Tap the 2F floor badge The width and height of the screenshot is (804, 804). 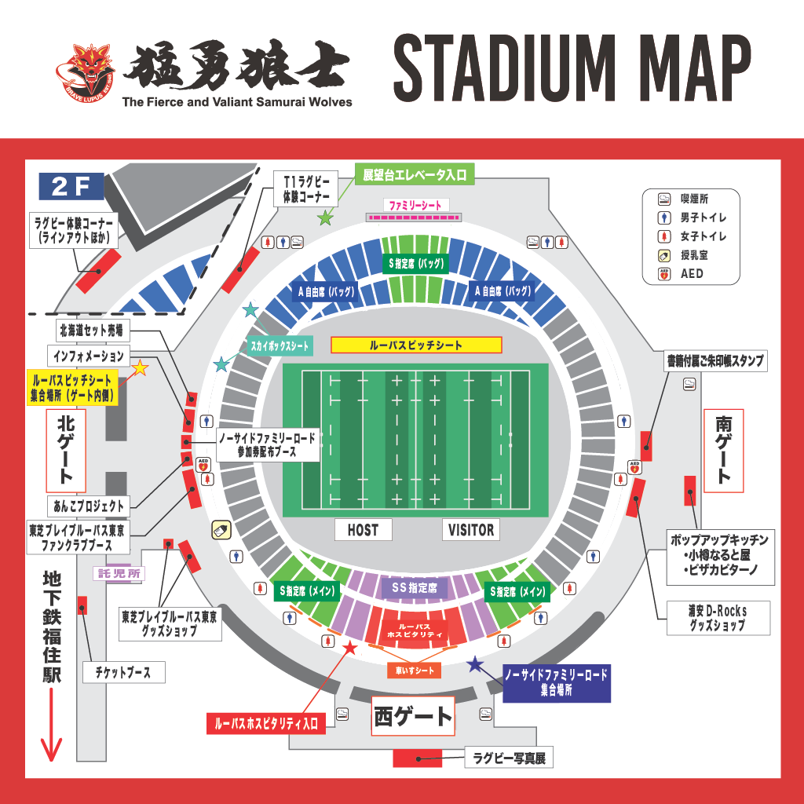point(71,187)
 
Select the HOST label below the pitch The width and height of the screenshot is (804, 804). point(362,530)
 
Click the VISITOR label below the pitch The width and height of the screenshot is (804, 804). point(471,530)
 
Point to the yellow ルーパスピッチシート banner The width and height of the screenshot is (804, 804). point(416,345)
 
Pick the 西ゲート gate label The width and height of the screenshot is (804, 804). point(413,716)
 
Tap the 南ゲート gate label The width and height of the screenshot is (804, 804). point(723,451)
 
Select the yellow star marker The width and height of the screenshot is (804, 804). point(141,367)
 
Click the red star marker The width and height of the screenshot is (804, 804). point(350,648)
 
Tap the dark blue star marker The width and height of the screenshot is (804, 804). point(475,664)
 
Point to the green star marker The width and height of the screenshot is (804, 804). point(325,218)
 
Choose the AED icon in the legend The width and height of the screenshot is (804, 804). point(663,274)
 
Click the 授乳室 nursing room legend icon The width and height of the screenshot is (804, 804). point(663,255)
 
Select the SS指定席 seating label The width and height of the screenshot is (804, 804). point(414,587)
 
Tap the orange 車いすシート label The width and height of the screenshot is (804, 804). point(414,671)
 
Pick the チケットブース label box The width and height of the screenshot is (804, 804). point(123,672)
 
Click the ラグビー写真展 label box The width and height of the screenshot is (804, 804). point(510,758)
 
